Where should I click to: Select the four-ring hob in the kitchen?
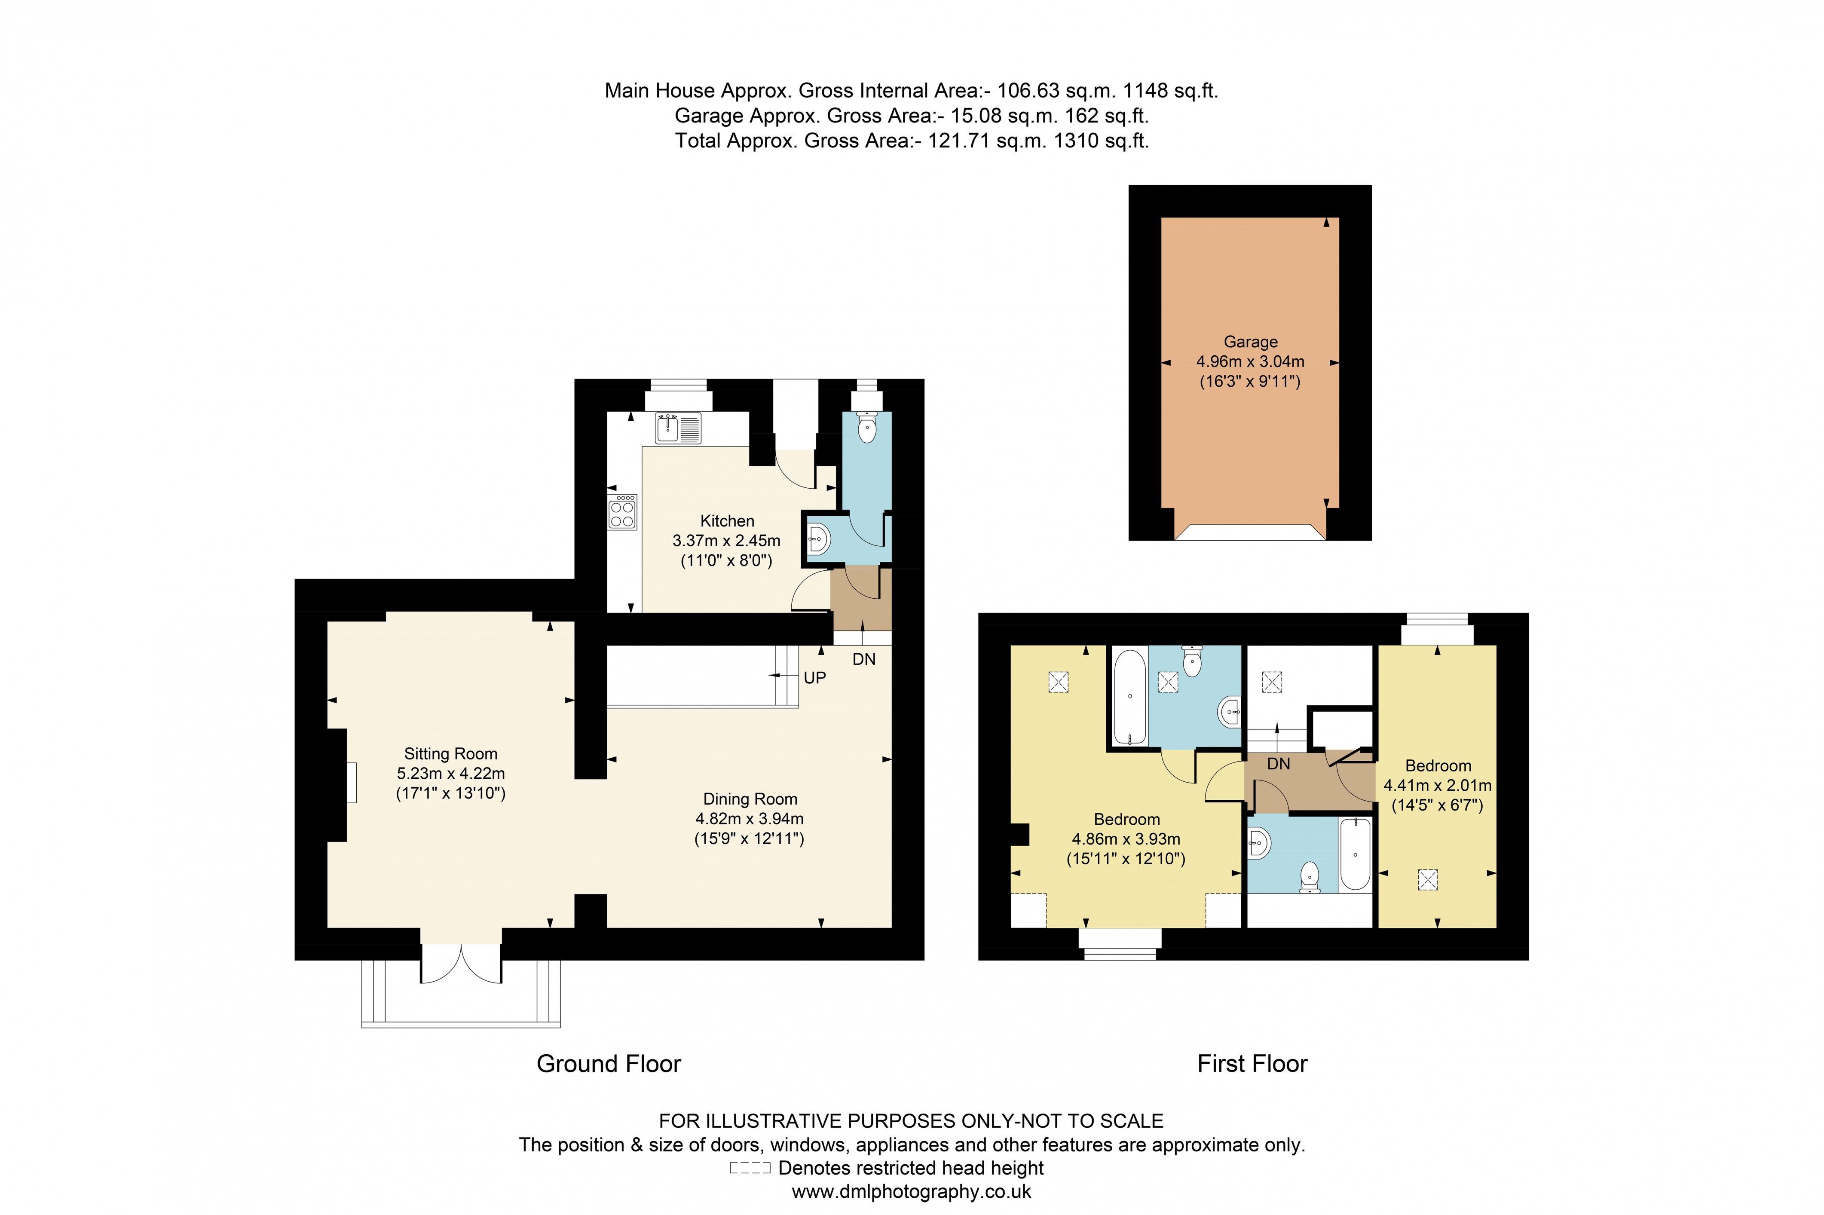tap(622, 511)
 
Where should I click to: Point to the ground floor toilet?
tap(866, 428)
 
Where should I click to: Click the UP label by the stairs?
tap(814, 678)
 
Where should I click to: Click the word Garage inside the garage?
tap(1250, 342)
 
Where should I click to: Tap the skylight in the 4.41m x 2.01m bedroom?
tap(1427, 879)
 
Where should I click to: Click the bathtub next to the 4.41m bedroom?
tap(1354, 854)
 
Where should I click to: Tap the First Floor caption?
tap(1252, 1064)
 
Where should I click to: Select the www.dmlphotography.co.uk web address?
tap(911, 1192)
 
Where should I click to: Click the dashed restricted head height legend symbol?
tap(749, 1169)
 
